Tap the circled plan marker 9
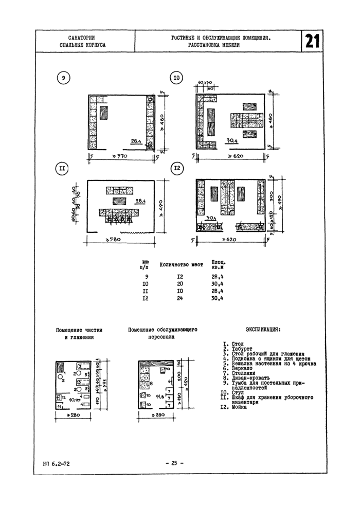(63, 78)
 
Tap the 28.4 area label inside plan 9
(136, 141)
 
